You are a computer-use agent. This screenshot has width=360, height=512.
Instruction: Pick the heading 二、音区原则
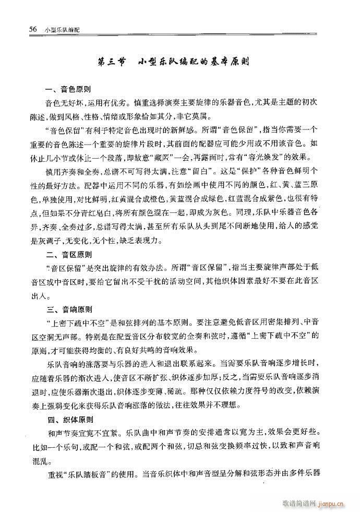pyautogui.click(x=69, y=255)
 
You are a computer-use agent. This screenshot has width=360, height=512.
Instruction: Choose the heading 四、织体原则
pyautogui.click(x=69, y=418)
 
